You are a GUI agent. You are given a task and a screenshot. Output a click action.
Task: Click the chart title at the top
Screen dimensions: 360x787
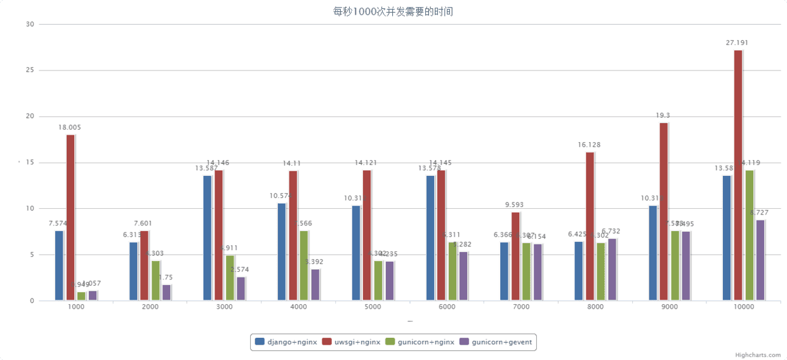click(393, 11)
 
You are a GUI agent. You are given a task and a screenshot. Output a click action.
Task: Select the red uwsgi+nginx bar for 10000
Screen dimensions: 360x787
click(738, 175)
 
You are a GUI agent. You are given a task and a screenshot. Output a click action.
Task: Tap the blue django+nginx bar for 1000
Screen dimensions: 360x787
click(59, 265)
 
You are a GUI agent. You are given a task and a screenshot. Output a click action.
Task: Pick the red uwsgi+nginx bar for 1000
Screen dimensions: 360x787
click(70, 217)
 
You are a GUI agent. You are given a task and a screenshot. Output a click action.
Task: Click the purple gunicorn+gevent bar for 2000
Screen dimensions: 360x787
click(166, 293)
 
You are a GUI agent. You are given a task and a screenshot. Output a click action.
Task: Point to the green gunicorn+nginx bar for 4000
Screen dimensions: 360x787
click(304, 265)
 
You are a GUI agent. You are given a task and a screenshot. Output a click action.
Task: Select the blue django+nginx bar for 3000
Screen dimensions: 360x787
click(208, 238)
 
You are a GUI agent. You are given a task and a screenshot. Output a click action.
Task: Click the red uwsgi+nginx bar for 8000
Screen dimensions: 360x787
click(590, 226)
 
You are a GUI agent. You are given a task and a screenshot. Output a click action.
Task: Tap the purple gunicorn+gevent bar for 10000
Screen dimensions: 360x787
click(760, 260)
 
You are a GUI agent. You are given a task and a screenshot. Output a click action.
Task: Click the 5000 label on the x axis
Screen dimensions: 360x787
click(373, 307)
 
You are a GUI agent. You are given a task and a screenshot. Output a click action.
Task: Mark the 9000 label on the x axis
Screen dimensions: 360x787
click(670, 307)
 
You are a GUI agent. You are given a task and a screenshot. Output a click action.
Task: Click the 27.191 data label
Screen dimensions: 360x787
click(737, 43)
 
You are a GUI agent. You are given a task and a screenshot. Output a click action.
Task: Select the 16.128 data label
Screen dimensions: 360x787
click(589, 145)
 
